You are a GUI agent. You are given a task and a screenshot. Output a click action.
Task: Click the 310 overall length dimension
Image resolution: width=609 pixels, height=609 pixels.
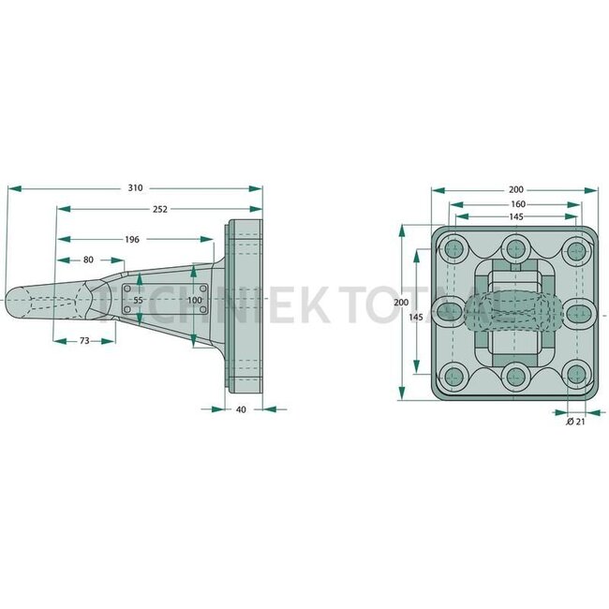tap(136, 188)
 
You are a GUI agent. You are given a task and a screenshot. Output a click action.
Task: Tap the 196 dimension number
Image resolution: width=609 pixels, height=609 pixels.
tap(132, 240)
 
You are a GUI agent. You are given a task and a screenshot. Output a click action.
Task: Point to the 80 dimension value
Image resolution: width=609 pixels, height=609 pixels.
tap(88, 260)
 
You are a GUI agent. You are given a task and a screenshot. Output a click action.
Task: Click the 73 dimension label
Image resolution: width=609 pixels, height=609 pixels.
tap(83, 341)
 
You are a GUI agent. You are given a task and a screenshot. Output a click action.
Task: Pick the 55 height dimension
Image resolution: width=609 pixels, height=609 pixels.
tap(138, 301)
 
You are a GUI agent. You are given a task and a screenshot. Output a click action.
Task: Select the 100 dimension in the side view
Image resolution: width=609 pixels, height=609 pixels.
tap(194, 301)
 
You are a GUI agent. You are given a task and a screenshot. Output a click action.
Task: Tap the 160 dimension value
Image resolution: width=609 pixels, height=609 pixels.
tap(517, 203)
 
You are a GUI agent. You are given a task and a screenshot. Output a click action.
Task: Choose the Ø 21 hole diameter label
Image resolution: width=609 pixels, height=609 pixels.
tap(575, 423)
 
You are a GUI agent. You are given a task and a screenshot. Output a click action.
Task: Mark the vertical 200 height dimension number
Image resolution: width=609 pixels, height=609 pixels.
tap(401, 303)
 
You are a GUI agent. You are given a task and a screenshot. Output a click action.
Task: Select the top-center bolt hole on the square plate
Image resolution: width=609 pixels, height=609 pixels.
tap(514, 249)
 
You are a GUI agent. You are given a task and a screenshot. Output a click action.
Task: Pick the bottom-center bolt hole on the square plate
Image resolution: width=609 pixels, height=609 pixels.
tap(514, 376)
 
